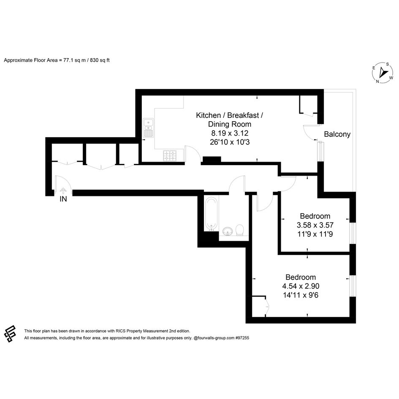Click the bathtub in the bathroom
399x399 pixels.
pos(212,213)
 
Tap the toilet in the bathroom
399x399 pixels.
pos(239,230)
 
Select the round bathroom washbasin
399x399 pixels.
pos(227,231)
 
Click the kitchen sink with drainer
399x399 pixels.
pos(148,128)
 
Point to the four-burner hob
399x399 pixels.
pos(170,156)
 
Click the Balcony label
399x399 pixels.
pos(337,134)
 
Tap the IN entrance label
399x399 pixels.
pos(63,199)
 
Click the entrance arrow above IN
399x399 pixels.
pos(63,191)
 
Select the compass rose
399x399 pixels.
pos(383,73)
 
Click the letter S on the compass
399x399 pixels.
pos(388,64)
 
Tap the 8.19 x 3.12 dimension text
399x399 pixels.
pos(230,133)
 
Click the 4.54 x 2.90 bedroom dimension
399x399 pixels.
pos(301,286)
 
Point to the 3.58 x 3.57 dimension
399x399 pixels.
pos(315,225)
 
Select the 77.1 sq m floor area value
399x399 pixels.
pos(74,60)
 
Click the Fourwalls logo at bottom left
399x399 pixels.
pos(10,334)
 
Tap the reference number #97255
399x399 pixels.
pos(242,338)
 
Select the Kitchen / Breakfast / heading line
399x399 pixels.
pos(230,115)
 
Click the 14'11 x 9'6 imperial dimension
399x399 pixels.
pos(301,295)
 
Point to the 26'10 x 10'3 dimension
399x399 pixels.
pos(230,142)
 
